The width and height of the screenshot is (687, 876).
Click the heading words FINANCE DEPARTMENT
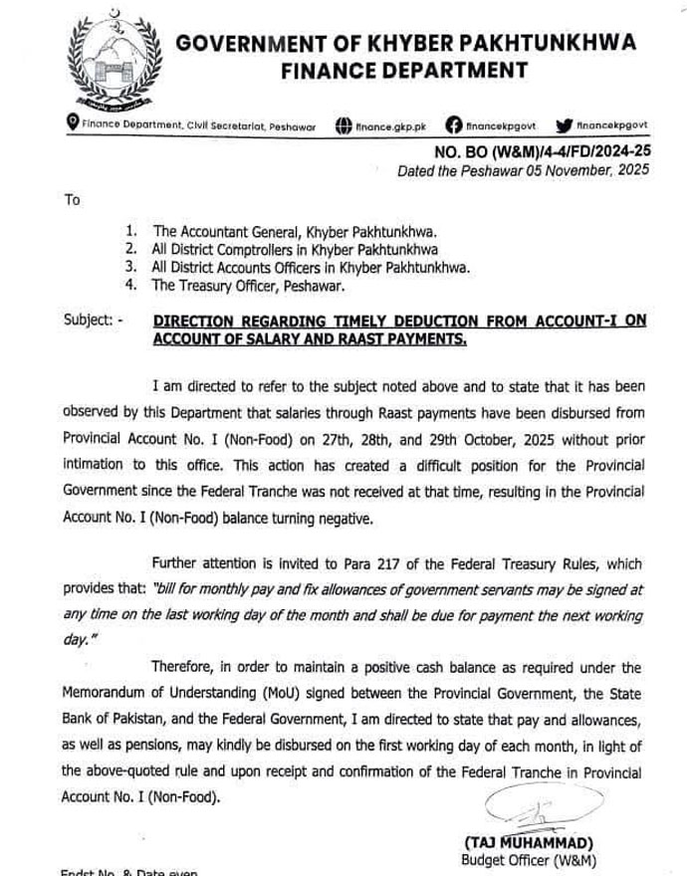404,70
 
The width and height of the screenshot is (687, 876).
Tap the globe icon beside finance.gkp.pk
343,126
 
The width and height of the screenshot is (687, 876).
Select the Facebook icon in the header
454,125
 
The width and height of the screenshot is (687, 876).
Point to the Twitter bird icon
564,125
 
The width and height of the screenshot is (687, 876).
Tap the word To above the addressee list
72,200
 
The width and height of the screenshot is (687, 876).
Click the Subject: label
93,321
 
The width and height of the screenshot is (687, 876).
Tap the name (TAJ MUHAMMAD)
529,843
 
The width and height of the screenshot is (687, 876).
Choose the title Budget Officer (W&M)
528,859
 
